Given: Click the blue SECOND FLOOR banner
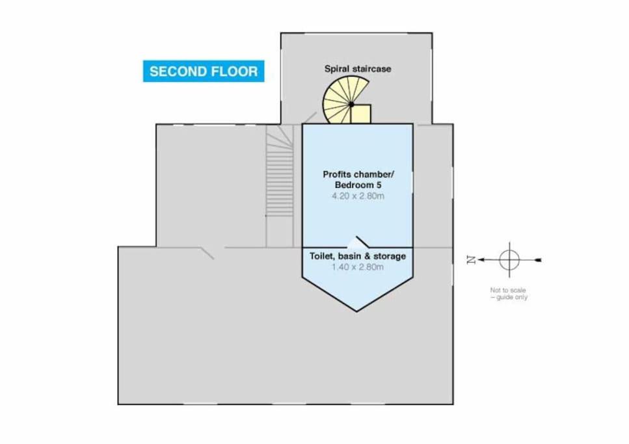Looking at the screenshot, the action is coord(204,71).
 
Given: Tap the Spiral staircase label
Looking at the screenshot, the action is coord(358,69).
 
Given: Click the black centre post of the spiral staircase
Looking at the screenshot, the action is coord(351,104).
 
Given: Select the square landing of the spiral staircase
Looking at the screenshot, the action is coord(360,114).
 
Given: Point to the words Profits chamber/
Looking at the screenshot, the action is coord(358,174).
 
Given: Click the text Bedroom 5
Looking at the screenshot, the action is coord(358,185).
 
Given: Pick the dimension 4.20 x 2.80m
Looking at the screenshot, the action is coord(358,196).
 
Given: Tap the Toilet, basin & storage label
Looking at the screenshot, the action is coord(357,256).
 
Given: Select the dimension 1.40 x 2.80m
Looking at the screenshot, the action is coord(357,267).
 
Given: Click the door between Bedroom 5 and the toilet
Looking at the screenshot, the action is coord(363,242).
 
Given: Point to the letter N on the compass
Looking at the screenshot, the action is coord(471,260).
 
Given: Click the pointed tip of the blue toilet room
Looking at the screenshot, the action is coord(356,311).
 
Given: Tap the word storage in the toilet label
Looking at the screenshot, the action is coord(390,256).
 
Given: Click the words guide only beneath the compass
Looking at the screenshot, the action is coord(512,297).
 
